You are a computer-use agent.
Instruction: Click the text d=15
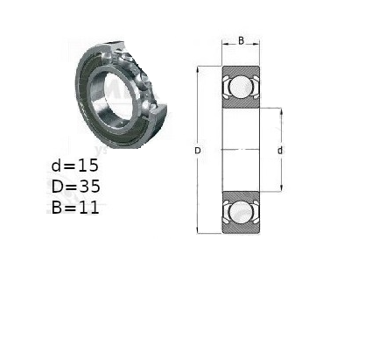coord(75,166)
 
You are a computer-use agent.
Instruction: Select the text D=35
coord(76,187)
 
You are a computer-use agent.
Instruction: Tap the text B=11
coord(75,208)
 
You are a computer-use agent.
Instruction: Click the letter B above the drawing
coord(241,41)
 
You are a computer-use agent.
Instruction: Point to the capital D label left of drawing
coord(198,151)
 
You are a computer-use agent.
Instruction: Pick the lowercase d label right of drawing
coord(280,151)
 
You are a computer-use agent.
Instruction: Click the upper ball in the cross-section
coord(241,87)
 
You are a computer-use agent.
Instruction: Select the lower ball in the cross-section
coord(241,212)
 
